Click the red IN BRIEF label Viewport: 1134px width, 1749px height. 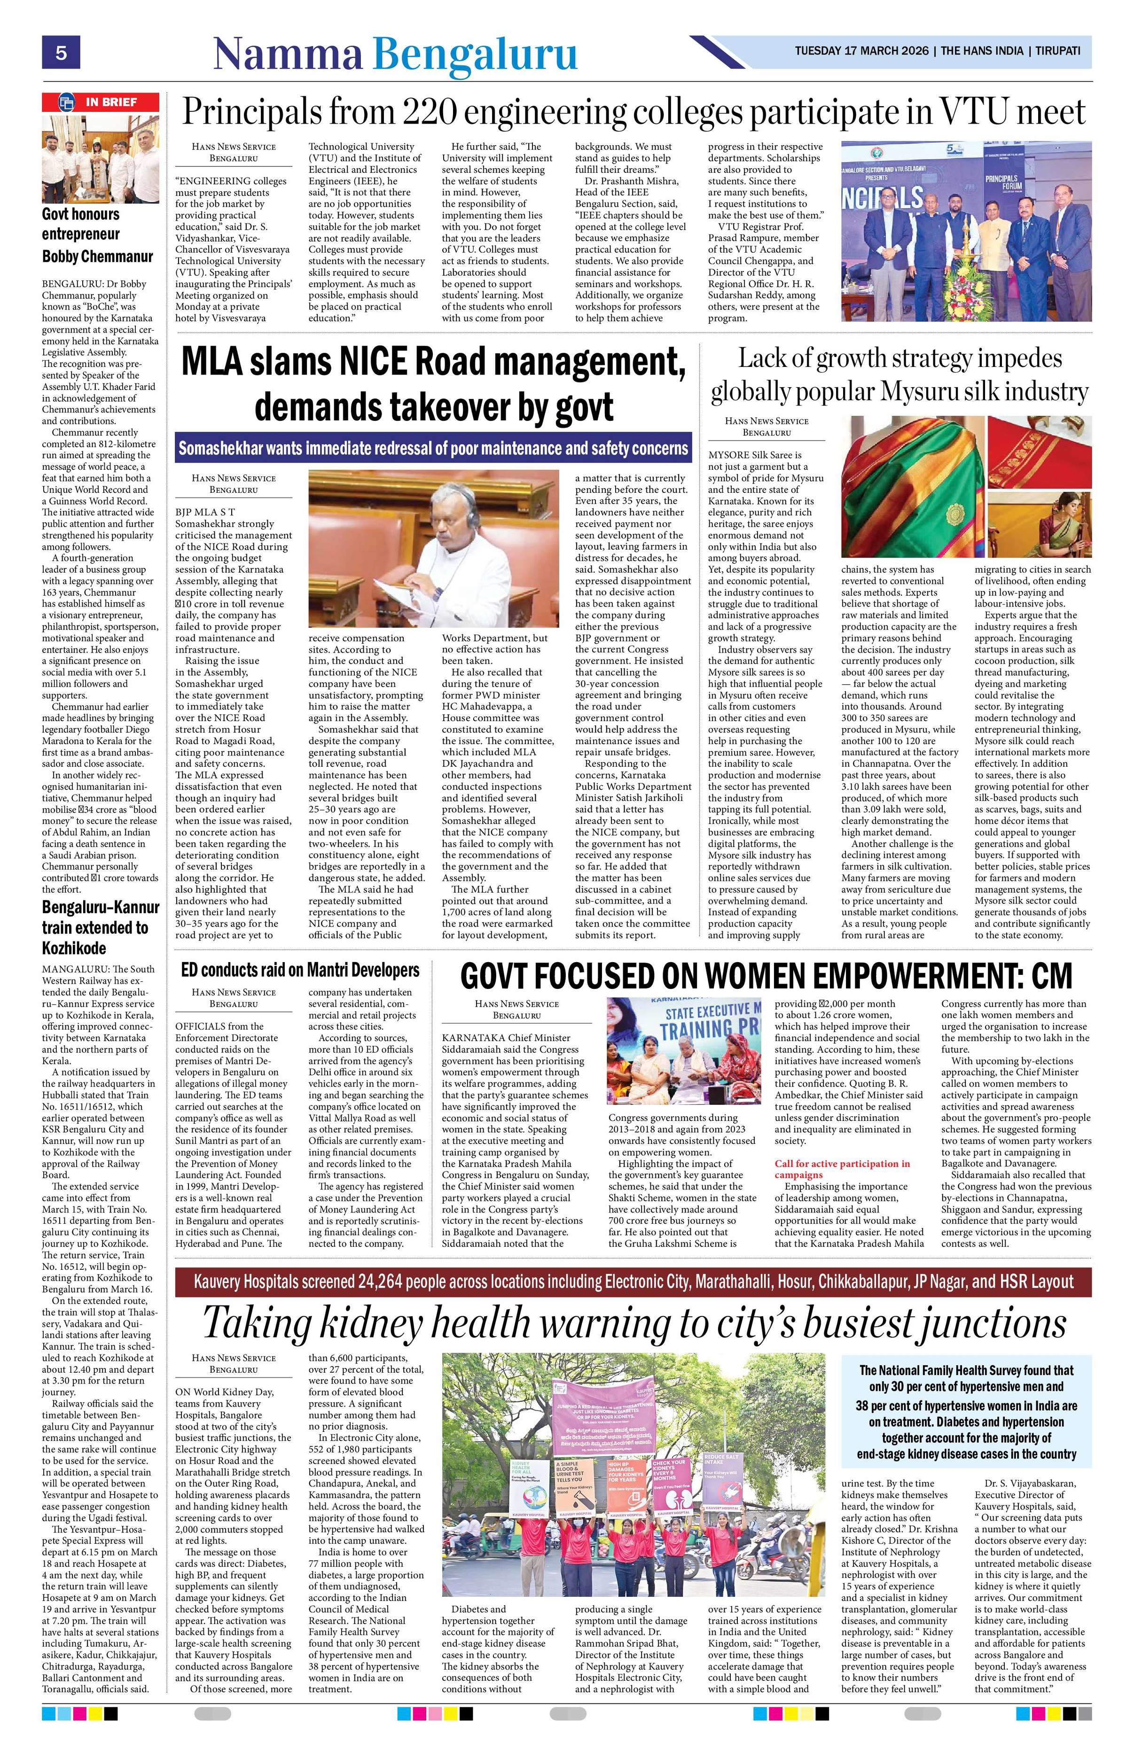[100, 102]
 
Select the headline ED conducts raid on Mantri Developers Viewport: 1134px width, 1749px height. [300, 970]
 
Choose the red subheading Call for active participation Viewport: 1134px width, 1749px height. [842, 1168]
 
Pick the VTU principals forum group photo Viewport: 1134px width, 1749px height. [966, 231]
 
